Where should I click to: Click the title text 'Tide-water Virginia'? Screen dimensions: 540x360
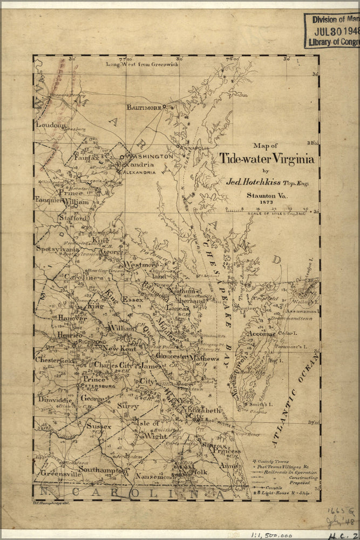click(x=267, y=159)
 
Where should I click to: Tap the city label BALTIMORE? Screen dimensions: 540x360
click(x=144, y=107)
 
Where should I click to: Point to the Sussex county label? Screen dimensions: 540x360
click(x=99, y=427)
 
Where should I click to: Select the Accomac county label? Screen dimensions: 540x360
click(x=262, y=334)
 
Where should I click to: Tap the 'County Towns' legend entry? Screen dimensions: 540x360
click(x=273, y=462)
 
